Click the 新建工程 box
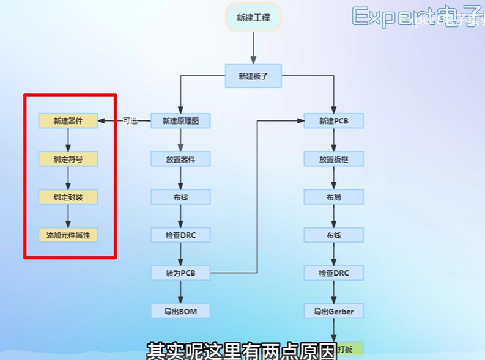pos(253,17)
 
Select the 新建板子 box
pos(253,76)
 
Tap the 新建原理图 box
pos(180,121)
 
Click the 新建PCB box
pos(334,121)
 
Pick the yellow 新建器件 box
pos(68,121)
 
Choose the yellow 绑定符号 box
pos(68,159)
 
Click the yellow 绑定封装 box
pos(68,197)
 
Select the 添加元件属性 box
pos(68,235)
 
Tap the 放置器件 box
pos(180,159)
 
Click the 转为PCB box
pos(180,273)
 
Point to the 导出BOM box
pos(180,311)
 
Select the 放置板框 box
pos(334,159)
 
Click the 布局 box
pos(334,197)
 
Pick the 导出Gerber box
pos(334,311)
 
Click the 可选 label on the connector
pos(130,121)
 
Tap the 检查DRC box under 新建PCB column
pos(334,273)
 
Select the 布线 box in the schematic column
pos(180,197)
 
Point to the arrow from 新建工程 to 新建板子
pos(253,47)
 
